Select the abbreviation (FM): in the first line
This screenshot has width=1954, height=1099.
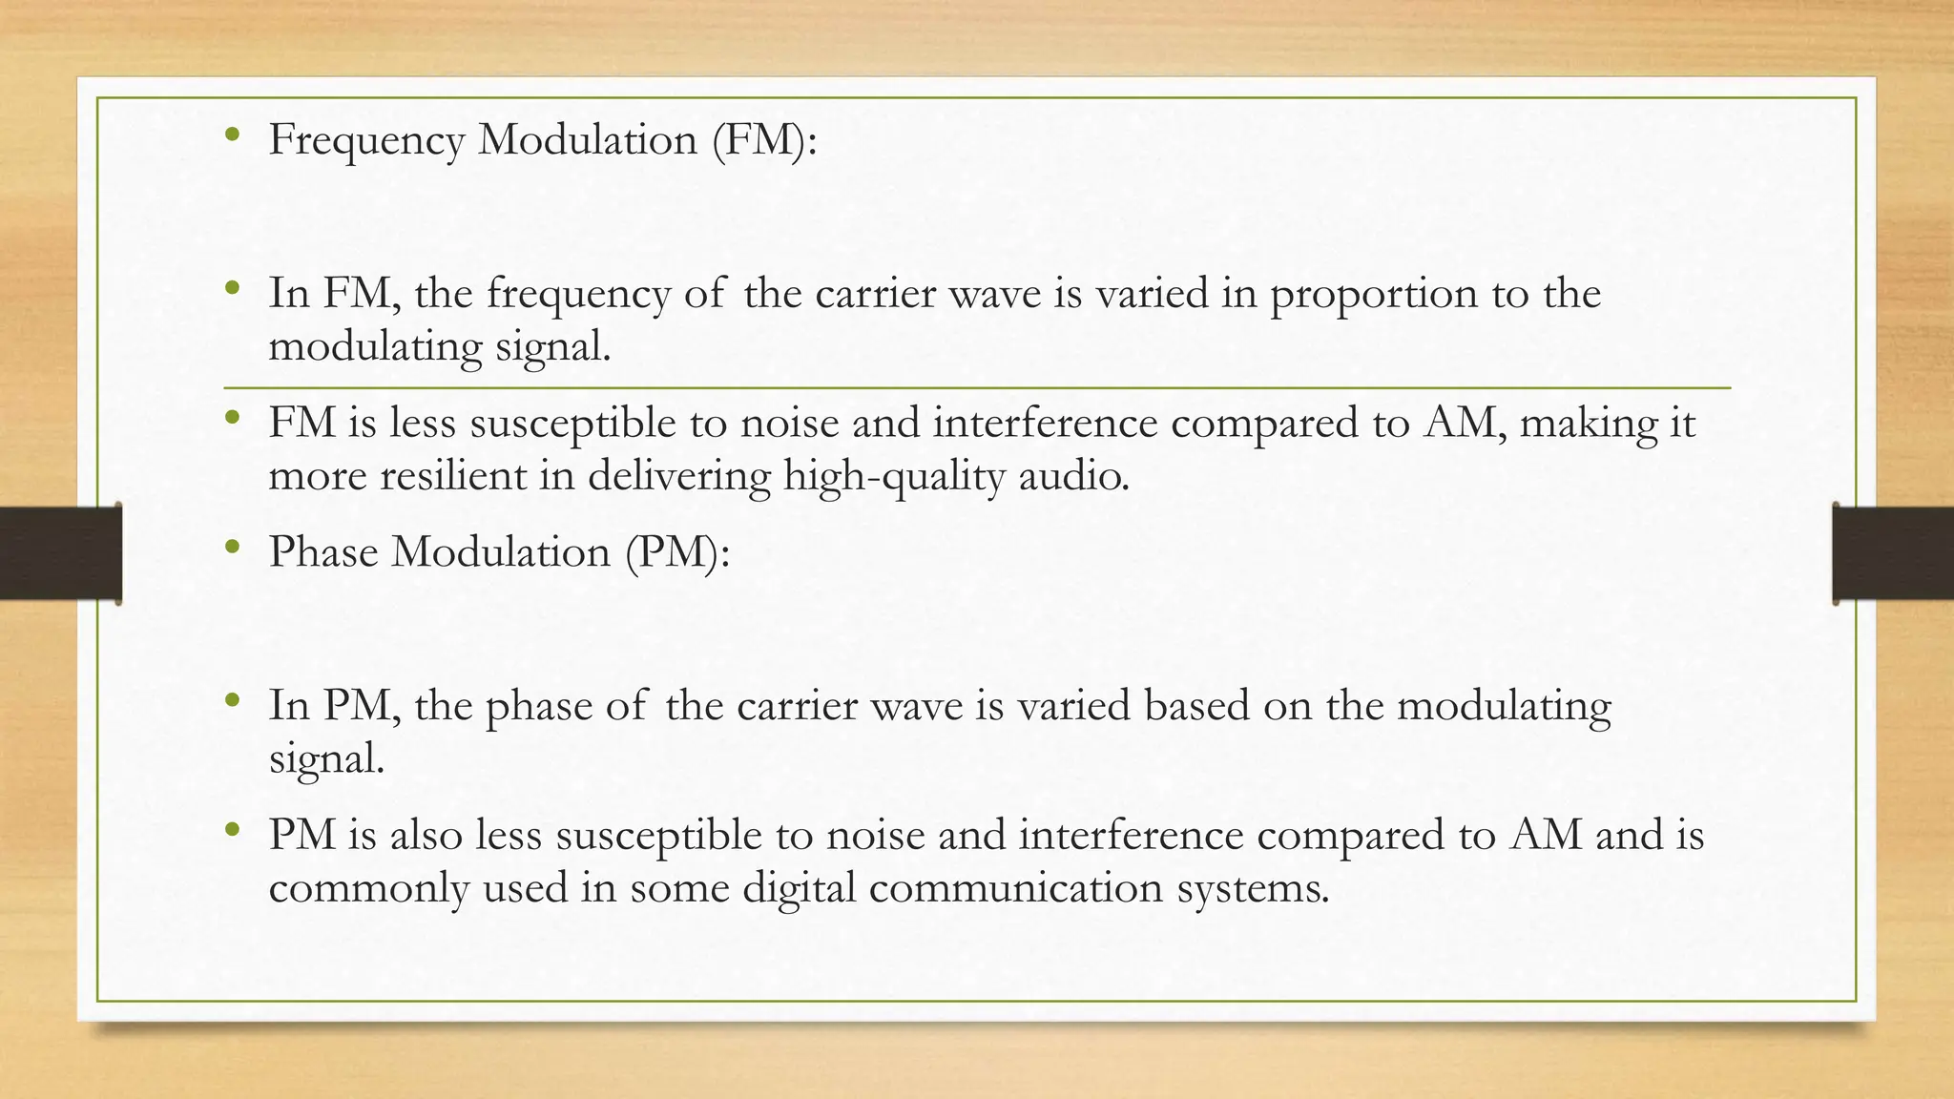[x=764, y=141]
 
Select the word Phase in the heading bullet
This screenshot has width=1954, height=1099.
[x=323, y=552]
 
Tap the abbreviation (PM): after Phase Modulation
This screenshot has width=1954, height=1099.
[x=677, y=552]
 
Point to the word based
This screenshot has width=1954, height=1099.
[x=1196, y=707]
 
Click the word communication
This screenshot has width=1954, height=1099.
[x=1017, y=889]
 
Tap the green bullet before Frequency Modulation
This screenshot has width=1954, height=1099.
[x=232, y=136]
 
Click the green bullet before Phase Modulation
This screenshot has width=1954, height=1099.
[x=232, y=548]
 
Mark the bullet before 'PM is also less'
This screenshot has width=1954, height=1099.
[x=232, y=831]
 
